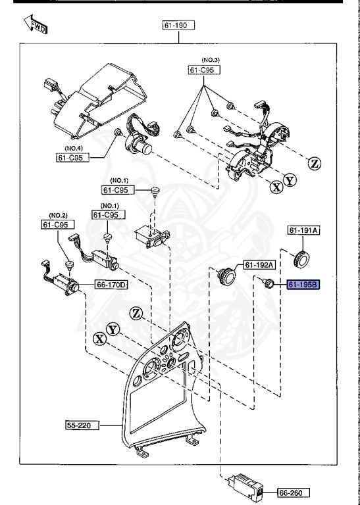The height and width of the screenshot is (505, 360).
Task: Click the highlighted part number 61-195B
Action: (303, 285)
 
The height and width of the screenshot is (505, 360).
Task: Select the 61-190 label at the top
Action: (178, 25)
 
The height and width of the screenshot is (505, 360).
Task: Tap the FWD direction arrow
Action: (36, 24)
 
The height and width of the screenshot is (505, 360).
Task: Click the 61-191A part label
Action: (303, 230)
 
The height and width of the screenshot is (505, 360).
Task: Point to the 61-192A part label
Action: (259, 265)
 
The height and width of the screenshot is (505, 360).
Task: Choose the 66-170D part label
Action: (111, 285)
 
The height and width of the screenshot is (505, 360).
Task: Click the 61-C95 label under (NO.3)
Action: (204, 70)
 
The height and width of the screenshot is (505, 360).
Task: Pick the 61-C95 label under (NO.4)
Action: (73, 158)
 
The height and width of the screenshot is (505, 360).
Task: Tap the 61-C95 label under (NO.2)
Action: (58, 224)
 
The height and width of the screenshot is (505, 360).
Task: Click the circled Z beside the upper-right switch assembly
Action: (314, 164)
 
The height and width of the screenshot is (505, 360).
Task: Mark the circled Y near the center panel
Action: (113, 330)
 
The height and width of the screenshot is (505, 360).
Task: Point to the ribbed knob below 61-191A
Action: (301, 258)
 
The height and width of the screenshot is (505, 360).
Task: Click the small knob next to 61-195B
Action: (268, 283)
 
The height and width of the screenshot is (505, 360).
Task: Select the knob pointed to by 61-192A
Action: (226, 276)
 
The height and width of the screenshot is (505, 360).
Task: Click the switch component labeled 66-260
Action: (245, 487)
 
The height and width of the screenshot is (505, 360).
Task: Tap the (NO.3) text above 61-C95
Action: (211, 60)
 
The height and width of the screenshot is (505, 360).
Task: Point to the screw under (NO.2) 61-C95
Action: (70, 265)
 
